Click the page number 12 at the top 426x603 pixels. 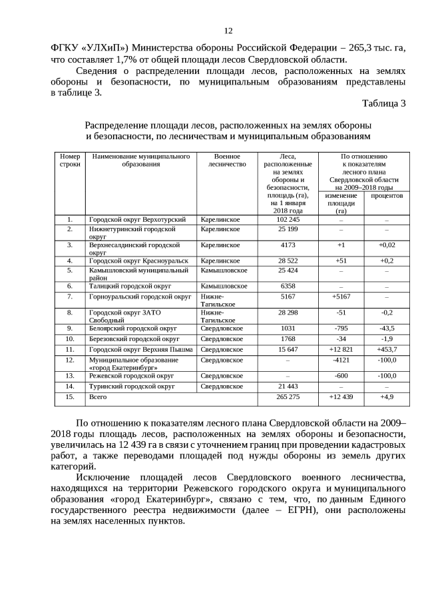228,31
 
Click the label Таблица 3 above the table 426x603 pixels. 383,103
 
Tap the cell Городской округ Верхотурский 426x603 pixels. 137,219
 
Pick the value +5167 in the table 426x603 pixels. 341,296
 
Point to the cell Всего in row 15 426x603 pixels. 97,396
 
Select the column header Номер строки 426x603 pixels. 69,160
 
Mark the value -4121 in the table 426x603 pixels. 341,360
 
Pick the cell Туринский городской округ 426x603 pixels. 132,386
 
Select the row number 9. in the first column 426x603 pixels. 69,328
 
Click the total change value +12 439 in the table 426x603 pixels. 341,396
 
